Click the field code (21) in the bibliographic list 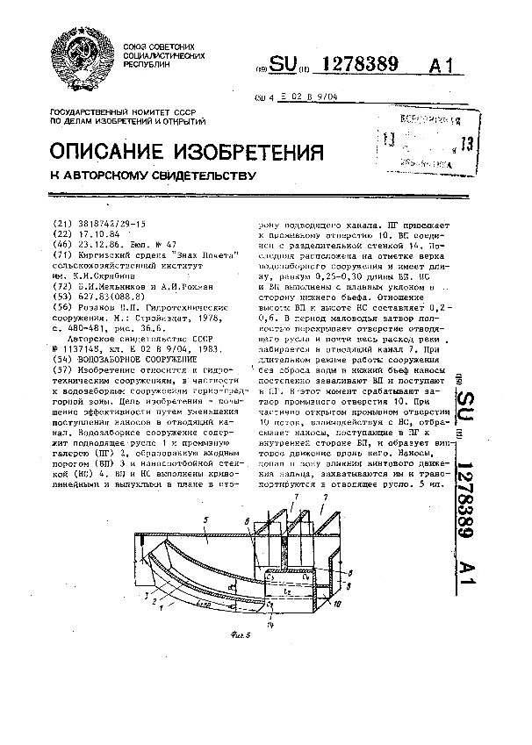coord(62,224)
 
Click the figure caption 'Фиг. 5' coord(229,634)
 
